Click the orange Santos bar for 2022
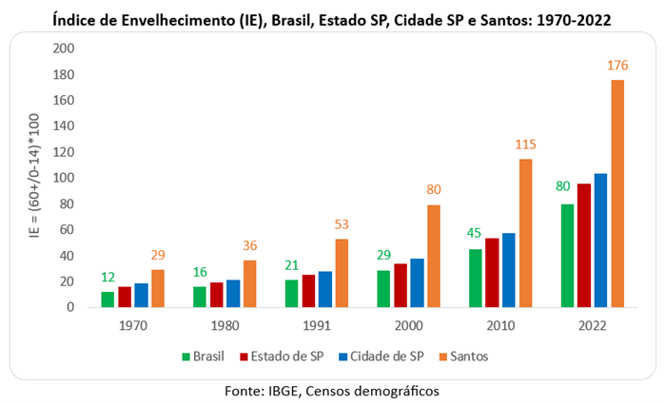click(616, 194)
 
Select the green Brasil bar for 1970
click(108, 299)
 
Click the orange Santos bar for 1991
click(341, 273)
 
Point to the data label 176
click(616, 66)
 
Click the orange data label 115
click(525, 145)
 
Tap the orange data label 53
click(341, 224)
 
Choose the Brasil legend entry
click(207, 357)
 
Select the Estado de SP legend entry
click(289, 357)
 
